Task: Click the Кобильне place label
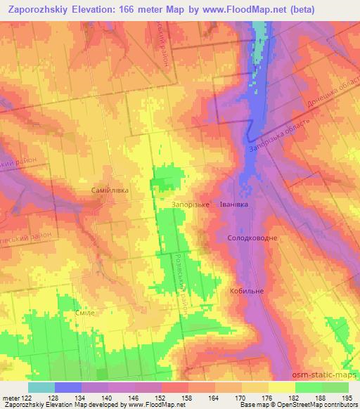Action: [247, 290]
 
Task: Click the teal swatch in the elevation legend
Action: [41, 387]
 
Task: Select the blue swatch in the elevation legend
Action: [68, 387]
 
